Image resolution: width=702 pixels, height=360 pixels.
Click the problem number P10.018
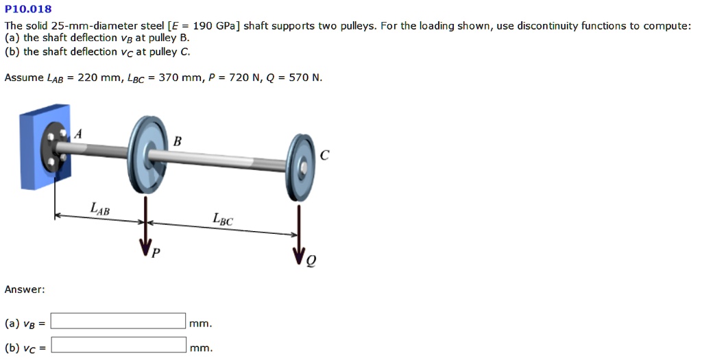pyautogui.click(x=28, y=10)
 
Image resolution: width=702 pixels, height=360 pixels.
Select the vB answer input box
pyautogui.click(x=119, y=321)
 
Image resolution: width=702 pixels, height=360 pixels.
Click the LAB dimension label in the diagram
pyautogui.click(x=99, y=207)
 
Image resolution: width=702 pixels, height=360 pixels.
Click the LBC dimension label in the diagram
pyautogui.click(x=222, y=219)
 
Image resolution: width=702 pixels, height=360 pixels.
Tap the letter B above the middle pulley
pyautogui.click(x=178, y=142)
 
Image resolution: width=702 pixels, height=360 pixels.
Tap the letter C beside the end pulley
pyautogui.click(x=324, y=156)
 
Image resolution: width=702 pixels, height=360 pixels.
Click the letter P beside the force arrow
pyautogui.click(x=156, y=253)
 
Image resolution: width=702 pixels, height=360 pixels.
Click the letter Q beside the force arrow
pyautogui.click(x=312, y=261)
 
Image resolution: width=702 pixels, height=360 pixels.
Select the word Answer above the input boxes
pyautogui.click(x=25, y=289)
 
